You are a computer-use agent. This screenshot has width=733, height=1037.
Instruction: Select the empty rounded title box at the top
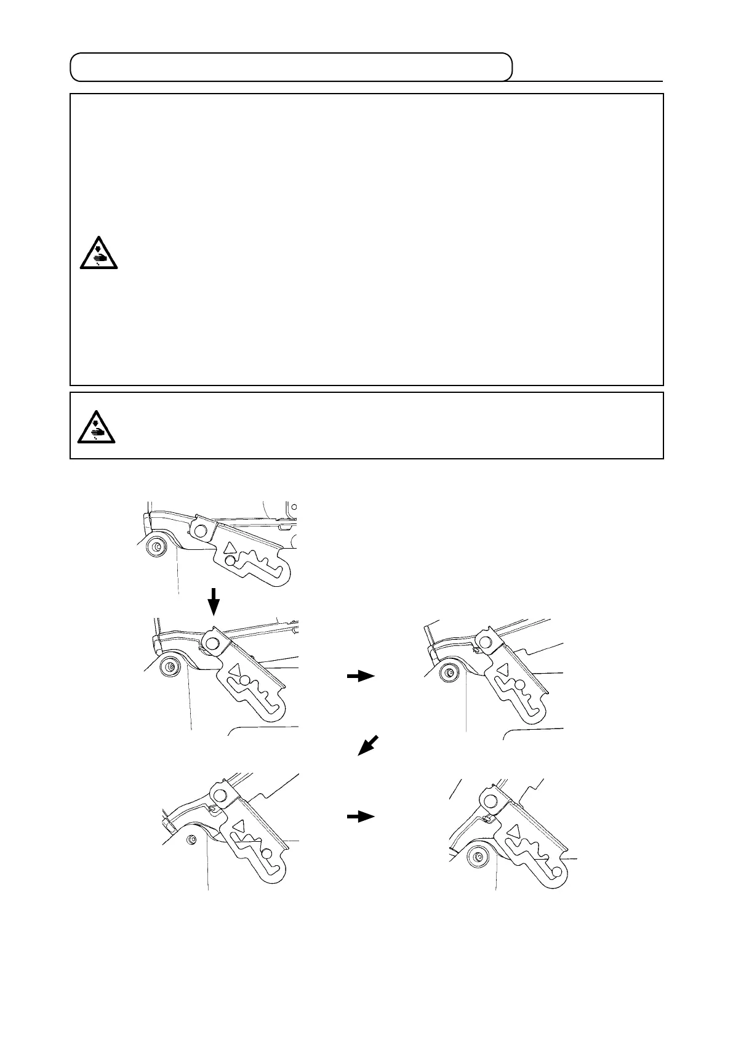click(x=291, y=67)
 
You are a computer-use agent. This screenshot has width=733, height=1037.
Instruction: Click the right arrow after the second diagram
click(x=361, y=676)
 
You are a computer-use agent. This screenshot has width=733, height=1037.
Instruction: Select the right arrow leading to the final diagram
click(x=361, y=817)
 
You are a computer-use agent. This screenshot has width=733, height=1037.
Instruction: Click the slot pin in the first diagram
click(x=230, y=560)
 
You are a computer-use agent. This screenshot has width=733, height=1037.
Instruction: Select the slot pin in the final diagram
click(x=556, y=871)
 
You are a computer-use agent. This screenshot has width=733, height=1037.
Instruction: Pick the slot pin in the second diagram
click(x=244, y=680)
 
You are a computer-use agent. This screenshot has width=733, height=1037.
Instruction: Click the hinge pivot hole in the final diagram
click(x=491, y=801)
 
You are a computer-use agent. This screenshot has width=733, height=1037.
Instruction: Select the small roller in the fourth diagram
click(x=192, y=839)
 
